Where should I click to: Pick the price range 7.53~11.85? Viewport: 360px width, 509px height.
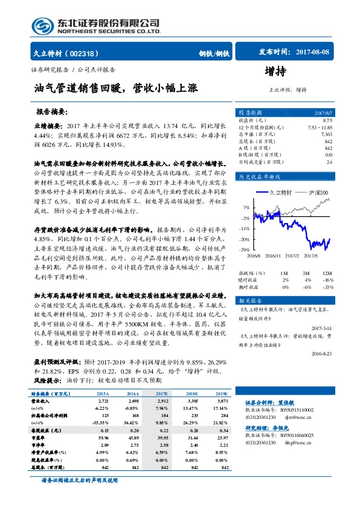320,128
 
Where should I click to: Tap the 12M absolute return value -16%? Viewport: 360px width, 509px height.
328,280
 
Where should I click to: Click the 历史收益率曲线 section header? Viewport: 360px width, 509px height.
260,177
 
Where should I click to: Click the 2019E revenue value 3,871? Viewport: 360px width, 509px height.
222,401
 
